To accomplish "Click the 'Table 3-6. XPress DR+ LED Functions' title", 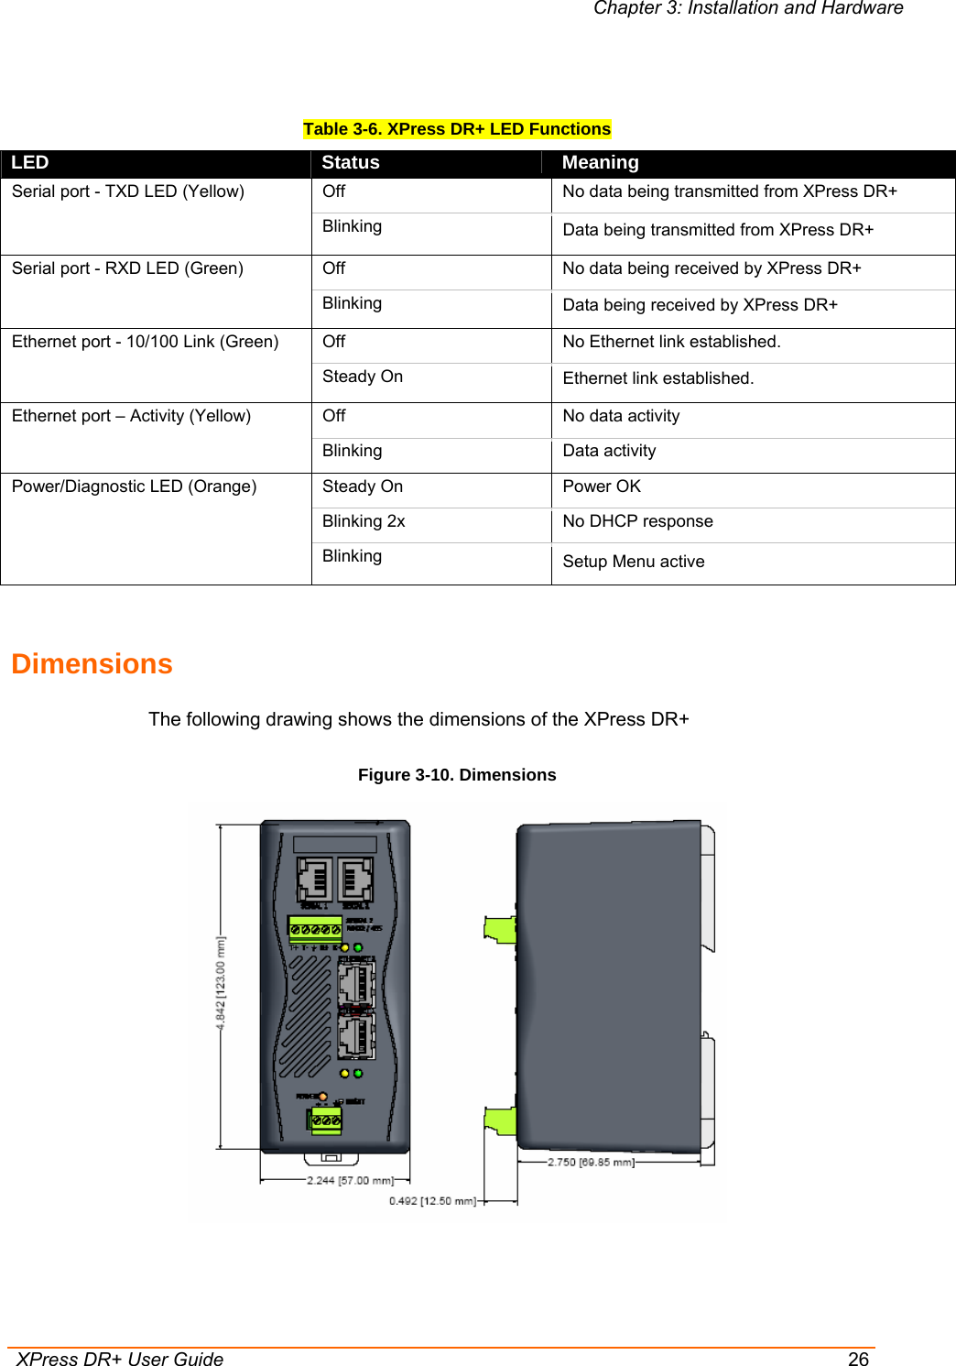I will point(457,129).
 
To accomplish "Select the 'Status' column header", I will point(350,162).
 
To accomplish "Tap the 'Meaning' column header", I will point(600,162).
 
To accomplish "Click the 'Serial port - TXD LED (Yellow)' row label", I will point(128,191).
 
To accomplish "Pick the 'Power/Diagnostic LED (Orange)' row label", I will point(134,486).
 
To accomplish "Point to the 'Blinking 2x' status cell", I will point(364,521).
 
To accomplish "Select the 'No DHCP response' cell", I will point(637,521).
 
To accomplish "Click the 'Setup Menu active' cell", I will point(633,562).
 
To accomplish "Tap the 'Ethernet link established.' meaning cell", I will point(657,378).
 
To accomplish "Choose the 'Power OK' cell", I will point(602,486).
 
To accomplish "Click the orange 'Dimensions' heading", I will point(92,663).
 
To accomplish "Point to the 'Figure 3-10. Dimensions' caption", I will point(457,775).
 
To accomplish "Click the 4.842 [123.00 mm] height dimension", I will point(221,982).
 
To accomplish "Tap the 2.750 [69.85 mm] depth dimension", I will point(591,1162).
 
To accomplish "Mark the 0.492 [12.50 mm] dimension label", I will point(432,1200).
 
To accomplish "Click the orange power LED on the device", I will point(322,1097).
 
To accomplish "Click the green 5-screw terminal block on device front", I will point(315,929).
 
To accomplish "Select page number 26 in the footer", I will point(858,1359).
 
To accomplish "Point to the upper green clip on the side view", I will point(501,930).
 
